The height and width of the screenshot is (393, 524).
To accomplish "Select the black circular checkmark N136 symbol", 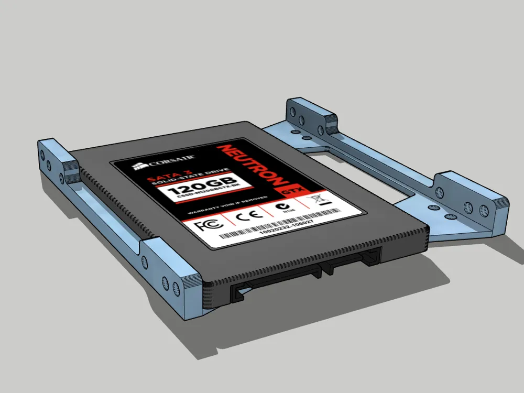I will point(283,208).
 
